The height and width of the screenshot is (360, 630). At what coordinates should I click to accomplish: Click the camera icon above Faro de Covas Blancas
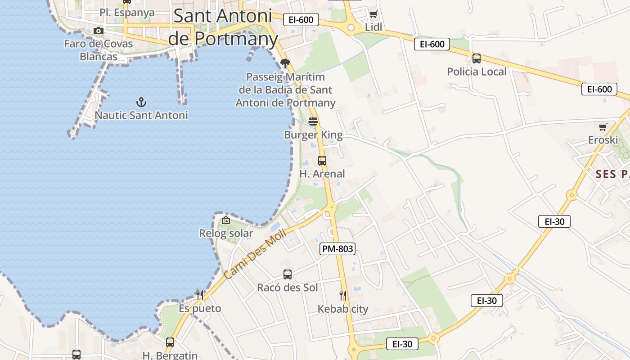point(99,31)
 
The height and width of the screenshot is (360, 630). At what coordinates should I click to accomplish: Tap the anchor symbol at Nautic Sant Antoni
point(141,102)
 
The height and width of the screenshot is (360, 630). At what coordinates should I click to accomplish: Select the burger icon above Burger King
point(313,121)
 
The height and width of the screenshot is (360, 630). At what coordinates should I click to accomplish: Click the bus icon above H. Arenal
point(322,160)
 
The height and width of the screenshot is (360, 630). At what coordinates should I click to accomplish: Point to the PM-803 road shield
point(337,249)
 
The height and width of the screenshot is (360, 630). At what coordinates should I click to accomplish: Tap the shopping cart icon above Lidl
point(373,14)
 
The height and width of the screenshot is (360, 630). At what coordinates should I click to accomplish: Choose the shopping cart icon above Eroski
point(603,127)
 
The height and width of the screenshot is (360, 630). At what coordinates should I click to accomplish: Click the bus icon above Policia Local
point(476,58)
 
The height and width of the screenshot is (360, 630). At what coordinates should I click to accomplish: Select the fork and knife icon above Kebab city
point(343,296)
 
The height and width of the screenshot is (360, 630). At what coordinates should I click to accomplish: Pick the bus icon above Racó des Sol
point(288,274)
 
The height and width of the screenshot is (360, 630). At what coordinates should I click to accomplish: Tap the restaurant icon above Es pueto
point(200,295)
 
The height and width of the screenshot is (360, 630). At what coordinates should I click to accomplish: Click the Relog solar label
point(226,234)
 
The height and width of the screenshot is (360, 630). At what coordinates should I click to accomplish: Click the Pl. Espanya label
point(127,13)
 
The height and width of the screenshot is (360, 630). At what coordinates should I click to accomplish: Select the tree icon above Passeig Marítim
point(285,63)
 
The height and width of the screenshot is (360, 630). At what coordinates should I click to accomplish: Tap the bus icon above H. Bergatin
point(170,342)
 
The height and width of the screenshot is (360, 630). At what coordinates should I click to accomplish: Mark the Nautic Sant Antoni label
point(141,115)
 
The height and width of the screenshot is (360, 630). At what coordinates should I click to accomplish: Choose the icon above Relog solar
point(226,220)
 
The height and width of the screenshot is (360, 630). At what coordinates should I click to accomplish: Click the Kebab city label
point(343,309)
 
